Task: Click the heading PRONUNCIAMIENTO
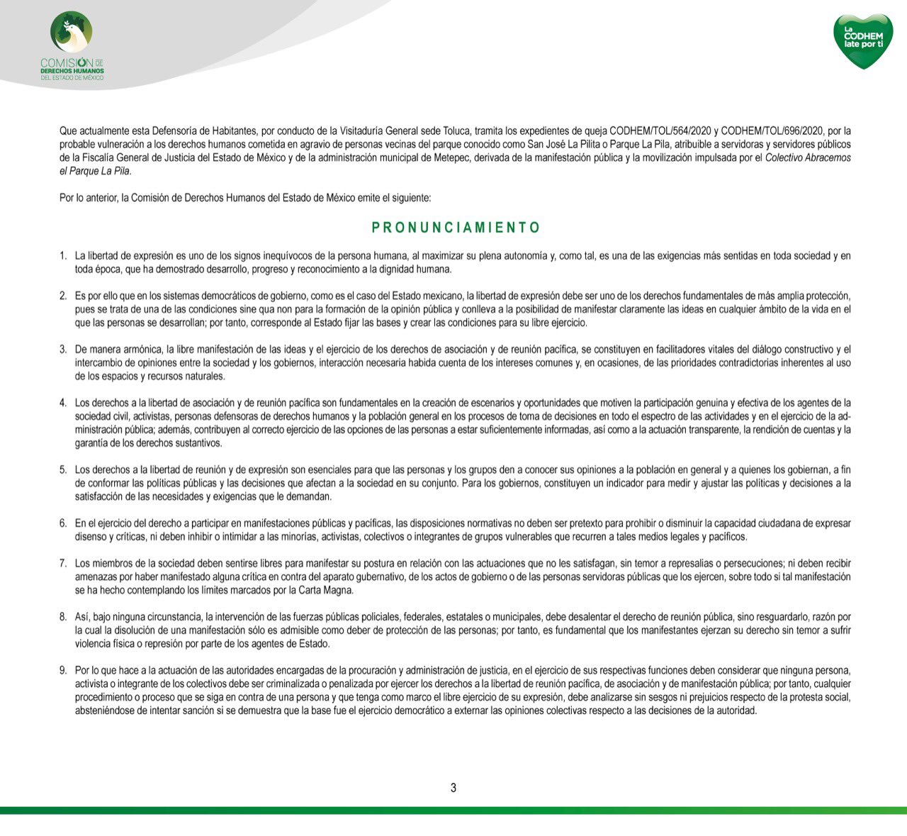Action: [456, 228]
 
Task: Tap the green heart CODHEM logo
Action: [862, 40]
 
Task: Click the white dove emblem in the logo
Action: [72, 33]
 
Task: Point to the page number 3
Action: [453, 788]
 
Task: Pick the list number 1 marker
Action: [63, 255]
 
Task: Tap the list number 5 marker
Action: [63, 469]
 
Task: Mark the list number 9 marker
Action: [63, 670]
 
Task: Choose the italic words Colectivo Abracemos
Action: [808, 157]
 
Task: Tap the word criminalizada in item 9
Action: [274, 684]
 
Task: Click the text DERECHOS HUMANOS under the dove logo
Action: [72, 71]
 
